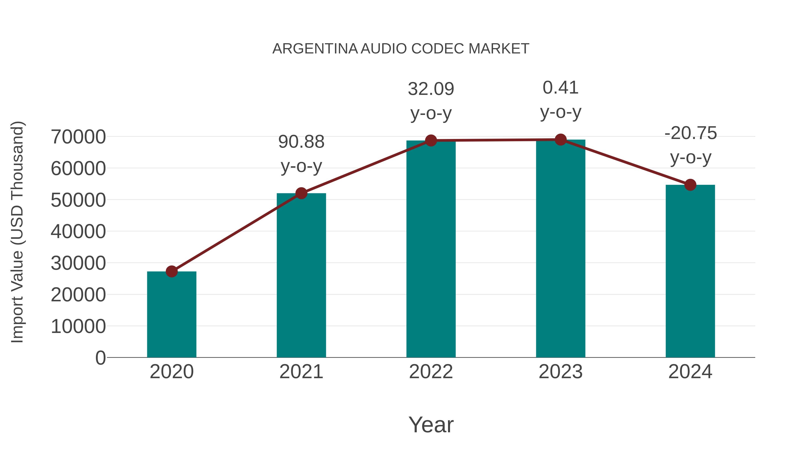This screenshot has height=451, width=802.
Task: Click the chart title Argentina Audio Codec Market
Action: [x=401, y=49]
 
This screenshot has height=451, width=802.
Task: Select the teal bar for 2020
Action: [x=172, y=314]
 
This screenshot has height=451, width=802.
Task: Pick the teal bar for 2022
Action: [x=431, y=249]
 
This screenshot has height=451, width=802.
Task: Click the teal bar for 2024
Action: [x=690, y=271]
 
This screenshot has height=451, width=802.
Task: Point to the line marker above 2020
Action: [x=172, y=271]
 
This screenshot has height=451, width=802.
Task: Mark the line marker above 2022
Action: [x=431, y=141]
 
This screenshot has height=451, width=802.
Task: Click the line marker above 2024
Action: [x=690, y=185]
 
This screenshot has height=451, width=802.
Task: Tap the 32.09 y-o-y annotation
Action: [x=431, y=101]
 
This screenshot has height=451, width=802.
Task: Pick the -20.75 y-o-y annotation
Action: [x=691, y=145]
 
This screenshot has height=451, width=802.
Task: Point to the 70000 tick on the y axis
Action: [x=78, y=137]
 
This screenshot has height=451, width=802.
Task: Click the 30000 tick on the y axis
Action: [x=78, y=263]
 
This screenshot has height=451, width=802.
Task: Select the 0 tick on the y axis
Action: [x=100, y=358]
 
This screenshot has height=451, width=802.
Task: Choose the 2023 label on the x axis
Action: [x=561, y=372]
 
